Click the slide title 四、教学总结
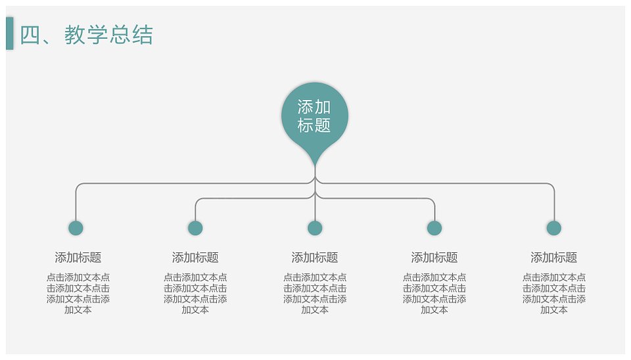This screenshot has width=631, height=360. tap(87, 35)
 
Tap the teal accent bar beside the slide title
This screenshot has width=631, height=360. tap(10, 34)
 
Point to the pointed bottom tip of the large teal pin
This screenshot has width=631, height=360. tap(315, 166)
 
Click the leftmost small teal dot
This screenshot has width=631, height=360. tap(76, 228)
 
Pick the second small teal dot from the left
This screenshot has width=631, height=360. tap(195, 228)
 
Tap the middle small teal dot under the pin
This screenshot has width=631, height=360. tap(315, 228)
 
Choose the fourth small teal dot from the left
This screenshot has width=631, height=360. tap(434, 228)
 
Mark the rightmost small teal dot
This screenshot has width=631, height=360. tap(553, 228)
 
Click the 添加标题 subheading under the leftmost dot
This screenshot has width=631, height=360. tap(78, 258)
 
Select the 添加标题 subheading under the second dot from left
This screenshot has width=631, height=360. tap(195, 258)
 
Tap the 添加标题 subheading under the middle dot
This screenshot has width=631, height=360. tap(315, 258)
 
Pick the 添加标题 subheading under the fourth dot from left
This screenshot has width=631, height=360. tap(434, 258)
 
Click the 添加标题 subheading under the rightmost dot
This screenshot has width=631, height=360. tap(553, 258)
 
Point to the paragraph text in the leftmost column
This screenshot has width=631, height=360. tap(78, 294)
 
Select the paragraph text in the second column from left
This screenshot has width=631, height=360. tap(195, 294)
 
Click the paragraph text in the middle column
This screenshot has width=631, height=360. tap(315, 294)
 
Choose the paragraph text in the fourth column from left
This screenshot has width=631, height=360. tap(434, 294)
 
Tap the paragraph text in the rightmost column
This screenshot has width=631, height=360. tap(553, 294)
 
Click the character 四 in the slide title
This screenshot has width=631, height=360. tap(30, 35)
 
